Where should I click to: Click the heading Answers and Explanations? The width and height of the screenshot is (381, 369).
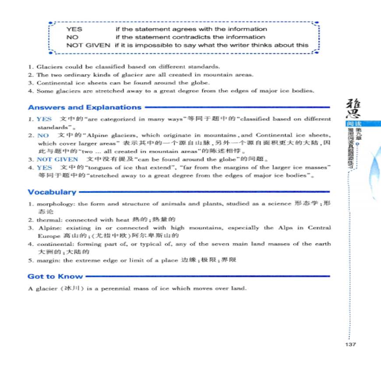(85, 107)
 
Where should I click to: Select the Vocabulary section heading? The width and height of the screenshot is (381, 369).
(52, 192)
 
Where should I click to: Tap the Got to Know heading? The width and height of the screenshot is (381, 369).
(55, 277)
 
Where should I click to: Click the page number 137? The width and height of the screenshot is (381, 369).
(350, 344)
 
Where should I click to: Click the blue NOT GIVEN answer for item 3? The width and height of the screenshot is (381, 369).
(57, 159)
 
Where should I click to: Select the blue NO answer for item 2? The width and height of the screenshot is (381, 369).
(43, 135)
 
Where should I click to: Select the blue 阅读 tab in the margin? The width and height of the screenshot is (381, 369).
(353, 124)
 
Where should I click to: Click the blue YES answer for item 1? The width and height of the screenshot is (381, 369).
(44, 119)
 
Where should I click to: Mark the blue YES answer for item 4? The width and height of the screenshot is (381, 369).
(44, 167)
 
